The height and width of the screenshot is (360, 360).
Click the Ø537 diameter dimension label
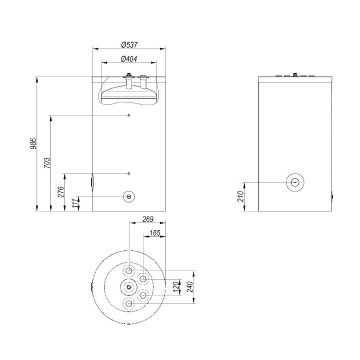point(129,44)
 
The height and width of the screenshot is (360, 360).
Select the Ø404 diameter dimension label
point(129,59)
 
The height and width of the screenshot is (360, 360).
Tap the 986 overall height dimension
point(33,143)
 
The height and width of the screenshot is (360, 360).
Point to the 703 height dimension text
point(47,163)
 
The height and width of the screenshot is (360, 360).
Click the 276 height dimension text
point(61,192)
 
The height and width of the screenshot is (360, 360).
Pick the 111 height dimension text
point(75,203)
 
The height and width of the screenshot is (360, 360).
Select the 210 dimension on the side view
point(240,196)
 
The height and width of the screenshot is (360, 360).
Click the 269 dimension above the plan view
point(148,219)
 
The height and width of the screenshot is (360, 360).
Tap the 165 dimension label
point(155,233)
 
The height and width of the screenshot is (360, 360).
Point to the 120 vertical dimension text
point(176,287)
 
